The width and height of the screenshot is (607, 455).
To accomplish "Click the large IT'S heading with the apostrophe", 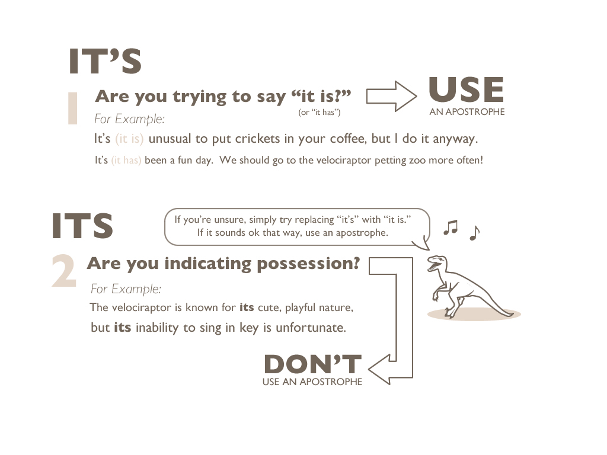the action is (x=105, y=61).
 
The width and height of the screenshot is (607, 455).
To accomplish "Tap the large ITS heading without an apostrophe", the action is (x=82, y=226).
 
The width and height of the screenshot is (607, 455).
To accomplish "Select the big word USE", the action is (x=467, y=90).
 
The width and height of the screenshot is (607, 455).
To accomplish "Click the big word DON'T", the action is (x=313, y=364).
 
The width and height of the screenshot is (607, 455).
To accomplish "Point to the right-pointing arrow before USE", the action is (x=392, y=97).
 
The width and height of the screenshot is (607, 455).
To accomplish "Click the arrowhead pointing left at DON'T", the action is (x=379, y=369).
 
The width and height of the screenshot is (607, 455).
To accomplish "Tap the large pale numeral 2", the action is (x=64, y=271).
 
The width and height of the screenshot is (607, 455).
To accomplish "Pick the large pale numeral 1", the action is (x=73, y=108).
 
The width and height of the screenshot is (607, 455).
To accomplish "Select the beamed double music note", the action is (x=451, y=227).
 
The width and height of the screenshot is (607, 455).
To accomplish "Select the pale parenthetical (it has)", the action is (x=126, y=160).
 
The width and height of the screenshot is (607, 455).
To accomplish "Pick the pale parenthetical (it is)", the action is (x=129, y=139).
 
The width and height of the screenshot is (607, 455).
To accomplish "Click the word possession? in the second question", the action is (x=308, y=264).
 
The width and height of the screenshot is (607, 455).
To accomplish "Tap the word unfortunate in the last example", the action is (x=311, y=327).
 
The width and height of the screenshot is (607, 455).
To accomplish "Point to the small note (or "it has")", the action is (x=320, y=112).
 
